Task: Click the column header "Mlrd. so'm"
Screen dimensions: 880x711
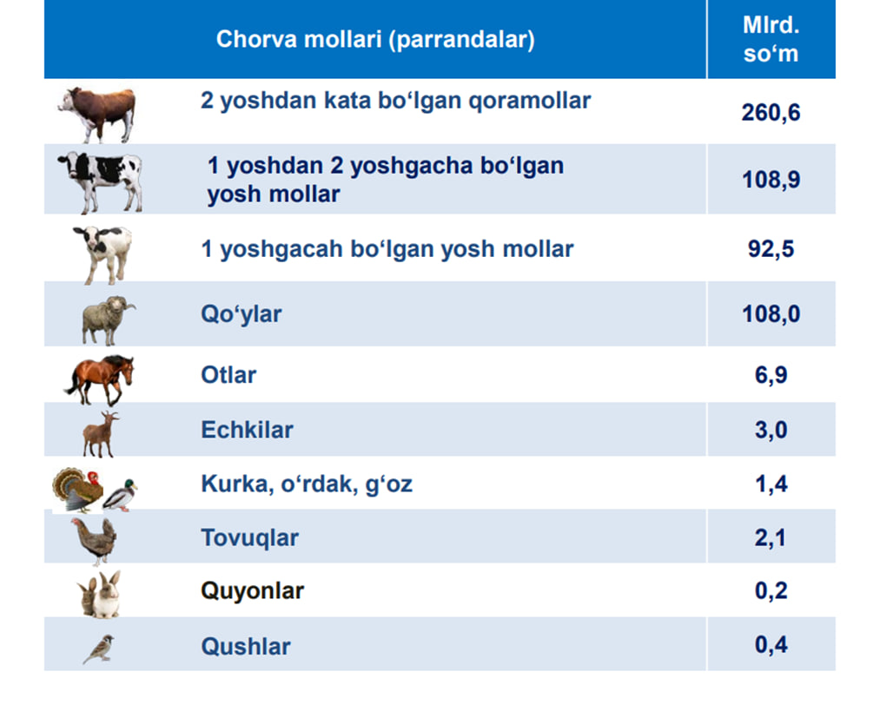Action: [x=771, y=39]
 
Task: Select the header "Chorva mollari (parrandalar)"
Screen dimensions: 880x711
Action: [x=375, y=39]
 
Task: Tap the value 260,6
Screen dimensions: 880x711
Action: [x=771, y=113]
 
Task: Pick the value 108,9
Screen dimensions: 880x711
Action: [x=771, y=180]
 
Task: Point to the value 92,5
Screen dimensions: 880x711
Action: [x=771, y=248]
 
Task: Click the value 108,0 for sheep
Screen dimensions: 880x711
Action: [x=771, y=313]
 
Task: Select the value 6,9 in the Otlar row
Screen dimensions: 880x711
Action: [x=771, y=374]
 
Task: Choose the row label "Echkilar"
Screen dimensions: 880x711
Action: [x=247, y=430]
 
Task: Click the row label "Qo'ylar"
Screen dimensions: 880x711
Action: [x=242, y=314]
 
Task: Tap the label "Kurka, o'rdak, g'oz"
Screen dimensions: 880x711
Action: [x=307, y=484]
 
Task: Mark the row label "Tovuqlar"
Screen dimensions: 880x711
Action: [x=249, y=537]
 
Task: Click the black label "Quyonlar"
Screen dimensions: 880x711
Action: [x=253, y=591]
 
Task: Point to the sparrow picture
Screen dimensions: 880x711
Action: [x=99, y=649]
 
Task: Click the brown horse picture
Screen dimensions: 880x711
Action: [x=100, y=379]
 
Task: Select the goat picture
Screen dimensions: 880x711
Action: [x=101, y=435]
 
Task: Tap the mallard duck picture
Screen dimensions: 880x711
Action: [x=120, y=496]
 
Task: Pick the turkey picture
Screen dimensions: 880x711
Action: [x=78, y=490]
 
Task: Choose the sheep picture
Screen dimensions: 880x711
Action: [x=108, y=320]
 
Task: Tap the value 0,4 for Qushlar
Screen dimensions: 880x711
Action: [x=771, y=645]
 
